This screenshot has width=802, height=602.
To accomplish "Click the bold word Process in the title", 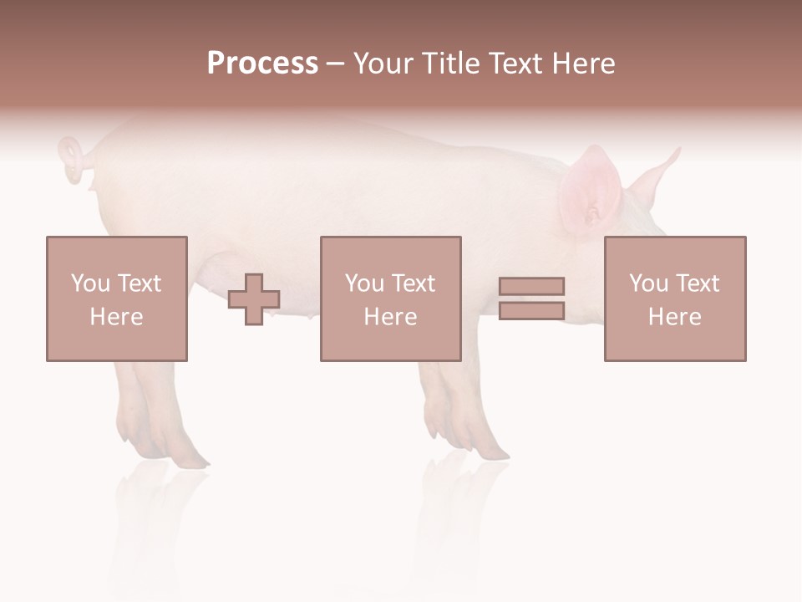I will point(262,64).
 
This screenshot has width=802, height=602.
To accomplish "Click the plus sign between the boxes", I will point(254,299).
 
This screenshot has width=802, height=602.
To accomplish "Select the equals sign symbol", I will point(531,298).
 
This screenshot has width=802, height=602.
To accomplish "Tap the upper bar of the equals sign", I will point(531,287).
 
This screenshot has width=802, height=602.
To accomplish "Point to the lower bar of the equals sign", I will point(531,311).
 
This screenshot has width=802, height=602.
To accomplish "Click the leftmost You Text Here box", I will point(117,298).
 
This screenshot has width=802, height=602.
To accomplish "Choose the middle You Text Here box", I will point(391,298).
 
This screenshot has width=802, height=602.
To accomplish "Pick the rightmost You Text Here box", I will point(675,298).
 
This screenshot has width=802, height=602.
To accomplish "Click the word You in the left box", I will point(90,283).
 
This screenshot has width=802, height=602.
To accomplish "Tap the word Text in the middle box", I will point(413,283).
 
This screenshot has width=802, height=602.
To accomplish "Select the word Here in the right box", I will point(675,317).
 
